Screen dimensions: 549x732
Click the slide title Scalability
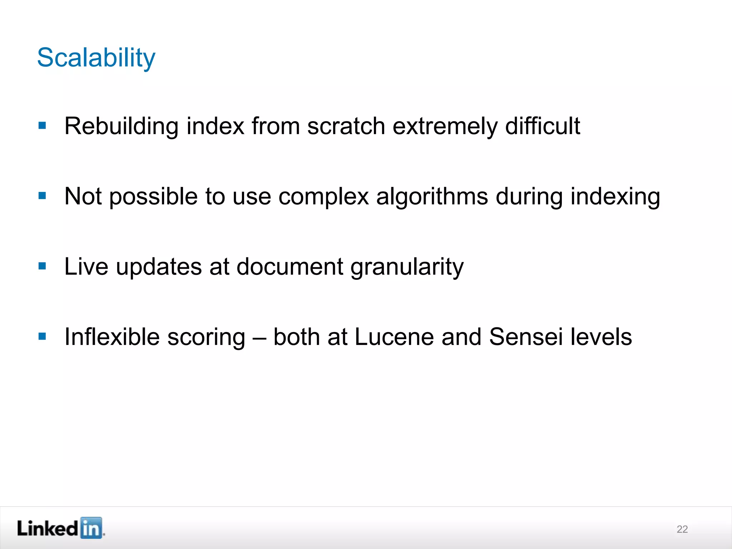pyautogui.click(x=96, y=58)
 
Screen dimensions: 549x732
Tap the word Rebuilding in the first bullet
pyautogui.click(x=121, y=127)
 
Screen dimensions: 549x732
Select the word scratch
pyautogui.click(x=346, y=127)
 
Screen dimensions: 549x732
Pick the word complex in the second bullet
pyautogui.click(x=323, y=197)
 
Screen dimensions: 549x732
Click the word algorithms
pyautogui.click(x=432, y=197)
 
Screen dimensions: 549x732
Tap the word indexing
pyautogui.click(x=615, y=197)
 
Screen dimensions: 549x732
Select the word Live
pyautogui.click(x=86, y=267)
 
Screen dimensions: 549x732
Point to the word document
pyautogui.click(x=290, y=267)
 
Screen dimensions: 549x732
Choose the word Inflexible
pyautogui.click(x=112, y=337)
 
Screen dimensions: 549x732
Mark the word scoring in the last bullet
pyautogui.click(x=206, y=337)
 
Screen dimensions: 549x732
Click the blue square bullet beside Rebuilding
pyautogui.click(x=42, y=126)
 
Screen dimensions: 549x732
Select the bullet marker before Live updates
pyautogui.click(x=42, y=266)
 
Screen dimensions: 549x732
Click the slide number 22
pyautogui.click(x=682, y=529)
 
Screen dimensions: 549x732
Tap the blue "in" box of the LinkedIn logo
pyautogui.click(x=91, y=528)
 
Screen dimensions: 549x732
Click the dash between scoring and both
pyautogui.click(x=259, y=337)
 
